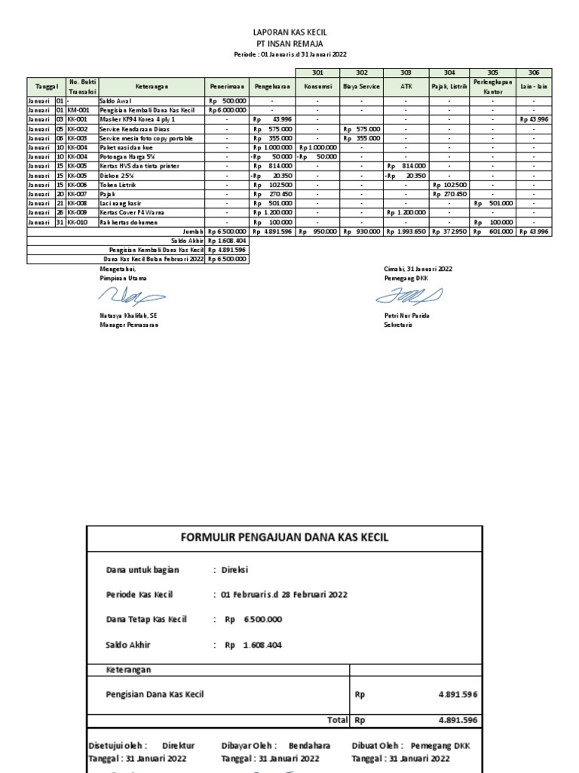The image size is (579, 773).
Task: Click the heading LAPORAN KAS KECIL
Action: click(x=289, y=34)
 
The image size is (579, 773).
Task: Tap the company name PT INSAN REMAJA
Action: click(x=289, y=45)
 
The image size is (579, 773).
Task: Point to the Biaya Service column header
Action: click(x=361, y=87)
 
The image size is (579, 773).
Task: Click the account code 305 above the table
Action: click(x=493, y=72)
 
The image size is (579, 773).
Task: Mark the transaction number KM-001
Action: click(x=78, y=110)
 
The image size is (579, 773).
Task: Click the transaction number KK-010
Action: click(x=78, y=222)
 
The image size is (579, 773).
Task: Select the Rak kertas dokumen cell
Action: click(x=128, y=222)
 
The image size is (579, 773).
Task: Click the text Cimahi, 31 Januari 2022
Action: click(x=418, y=269)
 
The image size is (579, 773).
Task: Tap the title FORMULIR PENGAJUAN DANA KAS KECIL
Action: click(x=283, y=537)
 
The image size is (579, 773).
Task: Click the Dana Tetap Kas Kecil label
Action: click(x=146, y=620)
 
